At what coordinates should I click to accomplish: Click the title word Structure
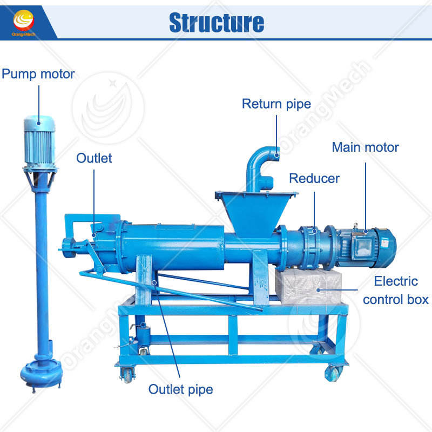coord(217,22)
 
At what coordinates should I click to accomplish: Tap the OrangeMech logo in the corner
coord(23,22)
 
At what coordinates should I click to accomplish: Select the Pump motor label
coord(38,74)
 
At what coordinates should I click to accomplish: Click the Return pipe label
coord(276,104)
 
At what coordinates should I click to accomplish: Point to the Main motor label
coord(365,147)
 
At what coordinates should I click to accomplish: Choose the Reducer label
coord(315,179)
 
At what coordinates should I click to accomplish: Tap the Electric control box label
coord(395,290)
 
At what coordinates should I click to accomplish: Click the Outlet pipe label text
coord(181,389)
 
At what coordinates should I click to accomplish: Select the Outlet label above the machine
coord(94,158)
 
